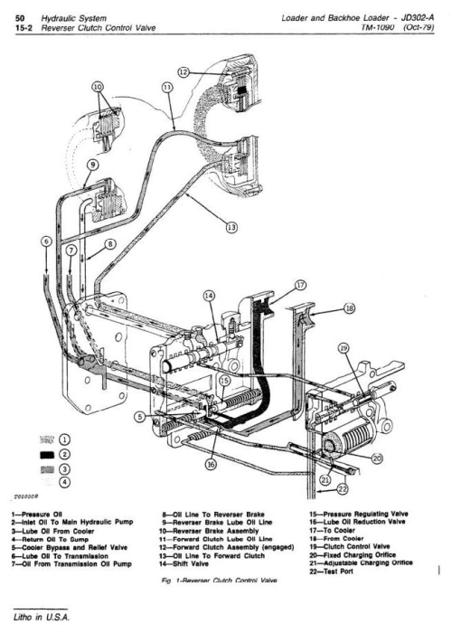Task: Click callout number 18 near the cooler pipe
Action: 347,307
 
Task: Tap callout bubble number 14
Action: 210,296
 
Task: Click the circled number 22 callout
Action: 342,489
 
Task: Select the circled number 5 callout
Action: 140,417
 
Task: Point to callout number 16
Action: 210,466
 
